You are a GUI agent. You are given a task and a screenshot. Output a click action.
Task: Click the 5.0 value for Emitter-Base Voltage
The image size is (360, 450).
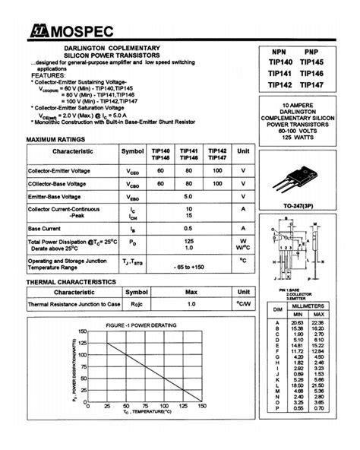point(188,196)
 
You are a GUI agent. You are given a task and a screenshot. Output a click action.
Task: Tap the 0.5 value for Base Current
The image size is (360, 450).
point(188,228)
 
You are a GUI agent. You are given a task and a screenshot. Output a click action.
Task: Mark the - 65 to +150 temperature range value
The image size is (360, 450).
point(188,267)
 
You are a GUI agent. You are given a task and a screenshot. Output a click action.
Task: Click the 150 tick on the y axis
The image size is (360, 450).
point(82,331)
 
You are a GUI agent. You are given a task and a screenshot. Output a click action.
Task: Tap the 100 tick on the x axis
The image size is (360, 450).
point(165,407)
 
